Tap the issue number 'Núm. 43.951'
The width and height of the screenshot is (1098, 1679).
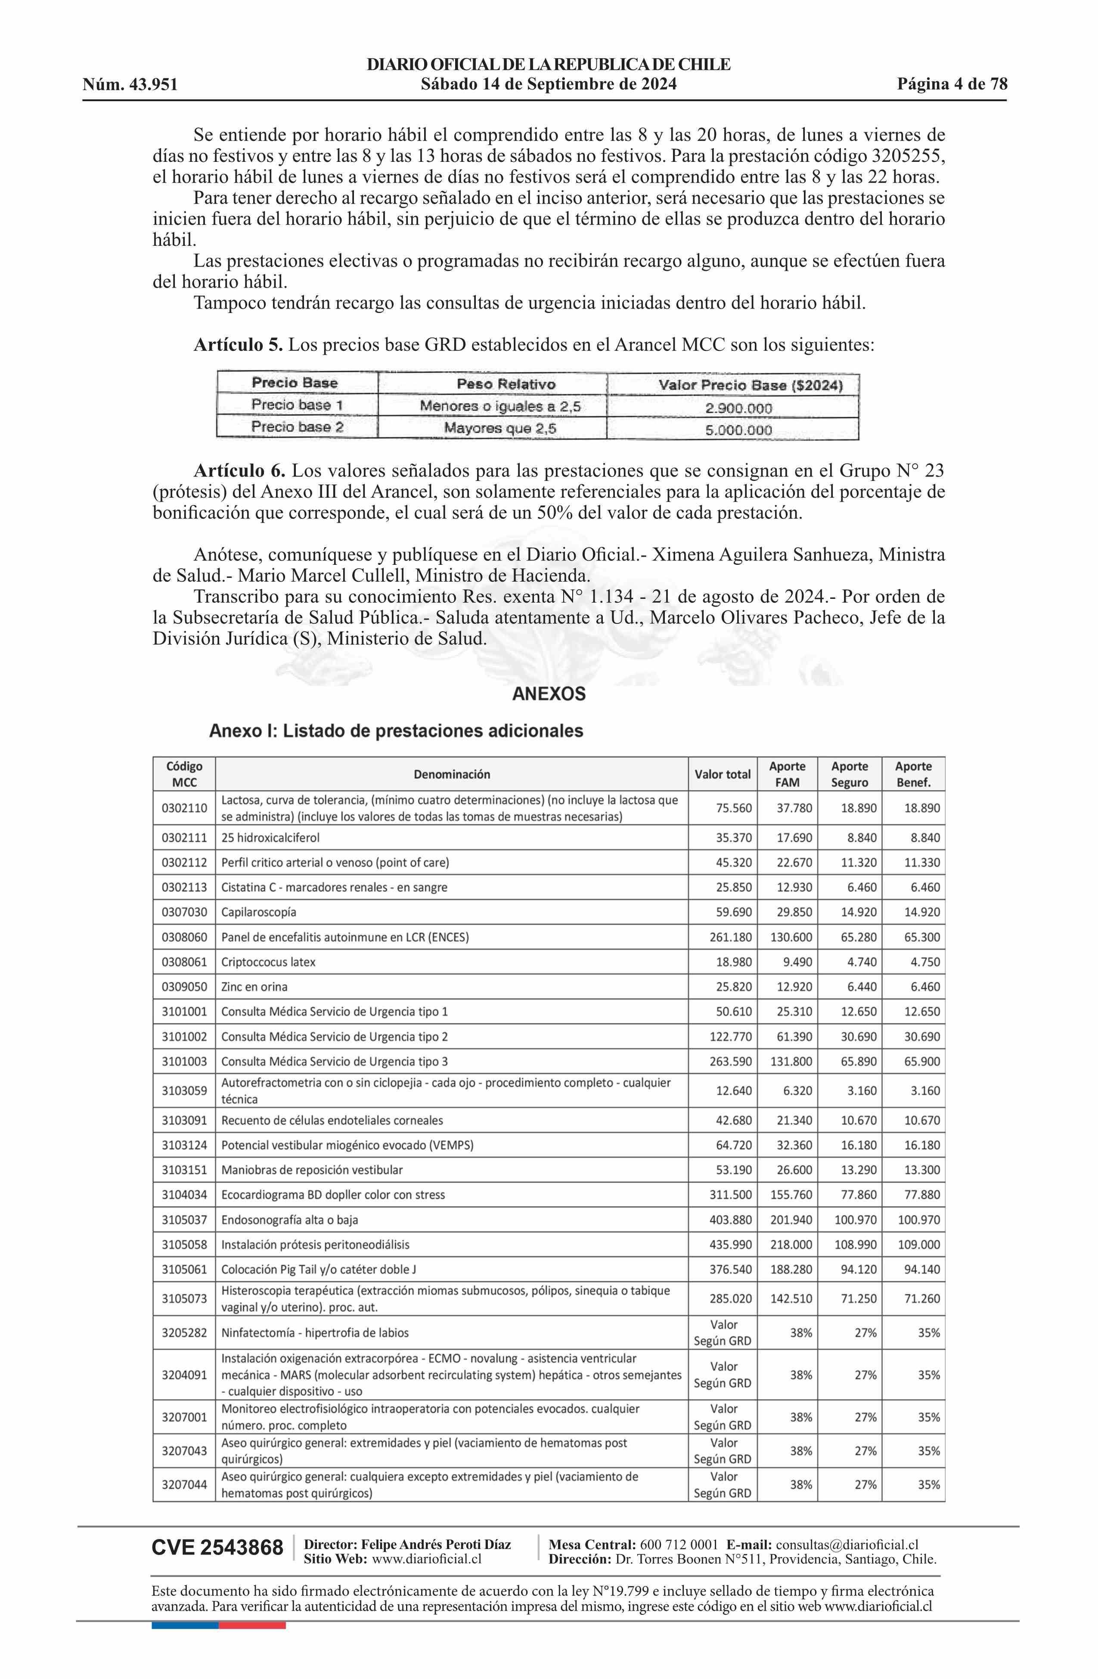[x=130, y=85]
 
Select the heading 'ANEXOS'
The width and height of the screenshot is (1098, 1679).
[x=548, y=694]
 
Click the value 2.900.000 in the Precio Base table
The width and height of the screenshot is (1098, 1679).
[x=738, y=408]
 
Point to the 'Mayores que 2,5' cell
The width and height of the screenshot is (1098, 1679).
[x=499, y=428]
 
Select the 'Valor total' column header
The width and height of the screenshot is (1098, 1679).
[x=722, y=774]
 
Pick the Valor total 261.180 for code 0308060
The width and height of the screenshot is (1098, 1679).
[x=730, y=937]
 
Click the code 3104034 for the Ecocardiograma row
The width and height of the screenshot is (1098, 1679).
[x=184, y=1194]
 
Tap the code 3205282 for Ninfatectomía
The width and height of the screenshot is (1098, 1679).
[x=184, y=1332]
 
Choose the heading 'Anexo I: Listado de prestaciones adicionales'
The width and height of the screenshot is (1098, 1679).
[x=396, y=731]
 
